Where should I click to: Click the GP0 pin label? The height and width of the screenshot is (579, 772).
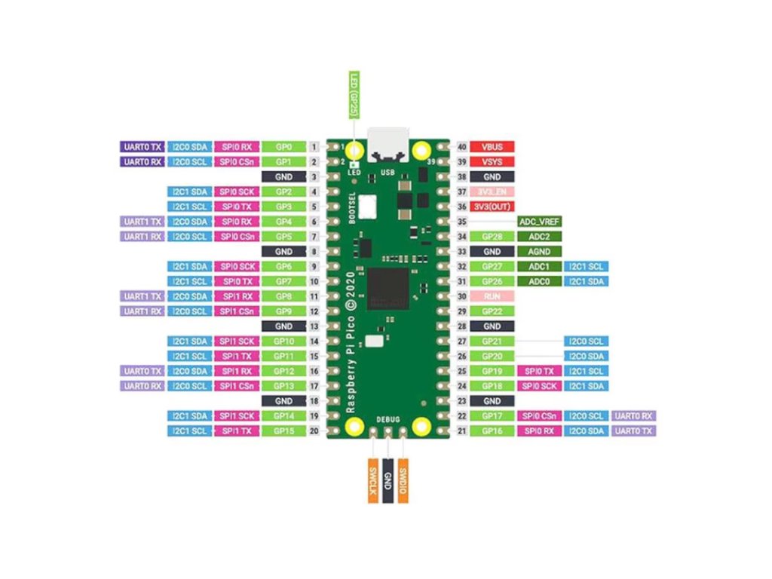click(x=283, y=146)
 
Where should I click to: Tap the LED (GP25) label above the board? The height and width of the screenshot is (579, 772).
click(x=352, y=94)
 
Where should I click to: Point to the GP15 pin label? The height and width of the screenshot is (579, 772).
click(x=283, y=430)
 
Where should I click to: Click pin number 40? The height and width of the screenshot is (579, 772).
click(x=461, y=146)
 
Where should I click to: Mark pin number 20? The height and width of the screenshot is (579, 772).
click(x=314, y=430)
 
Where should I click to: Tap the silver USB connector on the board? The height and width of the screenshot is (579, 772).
click(x=388, y=144)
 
